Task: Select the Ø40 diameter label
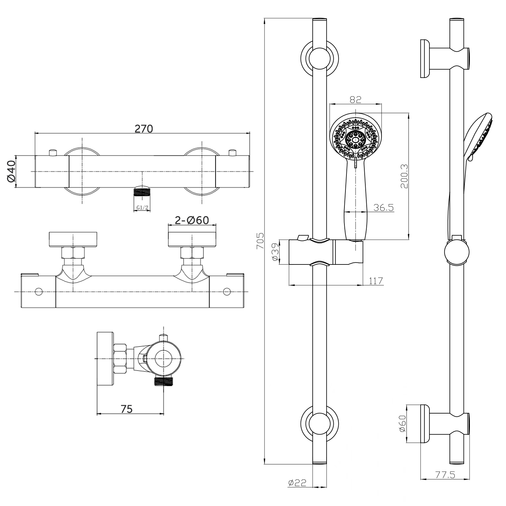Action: pos(11,171)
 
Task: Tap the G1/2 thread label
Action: pos(143,208)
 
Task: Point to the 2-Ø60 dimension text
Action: pos(192,220)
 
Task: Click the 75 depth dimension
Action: pos(126,409)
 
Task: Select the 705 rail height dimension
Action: pos(260,241)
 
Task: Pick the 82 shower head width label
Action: pos(356,99)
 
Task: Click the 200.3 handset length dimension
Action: pos(404,176)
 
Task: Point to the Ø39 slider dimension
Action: pos(275,252)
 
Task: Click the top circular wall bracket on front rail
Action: pos(319,57)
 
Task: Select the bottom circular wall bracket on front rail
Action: pos(319,423)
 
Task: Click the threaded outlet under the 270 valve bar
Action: pos(142,192)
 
